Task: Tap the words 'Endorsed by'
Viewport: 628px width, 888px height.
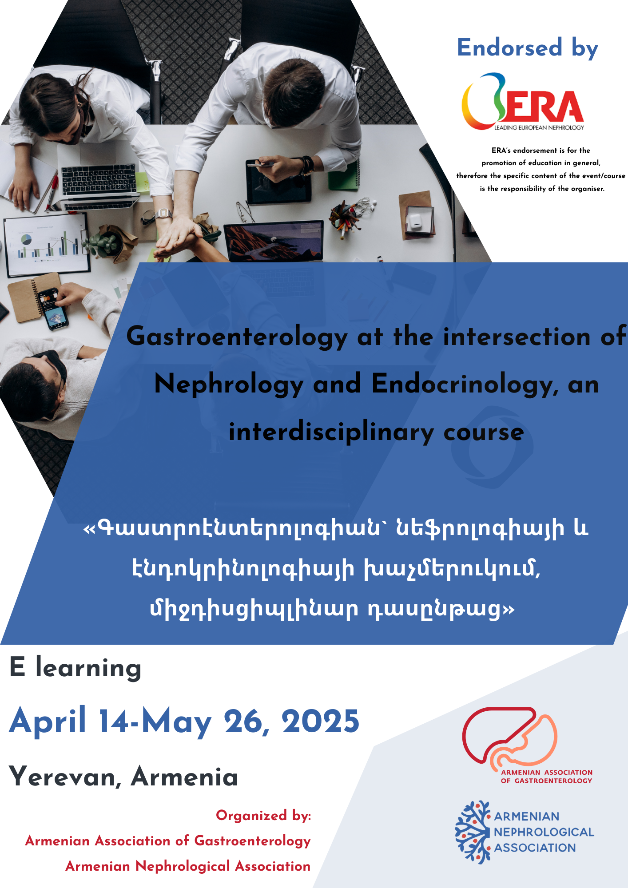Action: (528, 48)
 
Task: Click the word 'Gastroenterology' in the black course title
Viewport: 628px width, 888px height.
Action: (237, 337)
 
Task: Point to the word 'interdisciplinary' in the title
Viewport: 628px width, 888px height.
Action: (331, 432)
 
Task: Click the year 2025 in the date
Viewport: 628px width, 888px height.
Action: (320, 721)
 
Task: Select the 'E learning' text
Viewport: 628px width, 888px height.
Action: (75, 668)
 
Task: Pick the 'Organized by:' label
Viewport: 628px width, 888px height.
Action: (263, 816)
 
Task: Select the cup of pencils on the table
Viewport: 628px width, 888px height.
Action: (344, 217)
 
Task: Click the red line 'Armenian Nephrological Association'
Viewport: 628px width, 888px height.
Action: (188, 866)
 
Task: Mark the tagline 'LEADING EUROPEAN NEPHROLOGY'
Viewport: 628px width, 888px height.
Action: (539, 127)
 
